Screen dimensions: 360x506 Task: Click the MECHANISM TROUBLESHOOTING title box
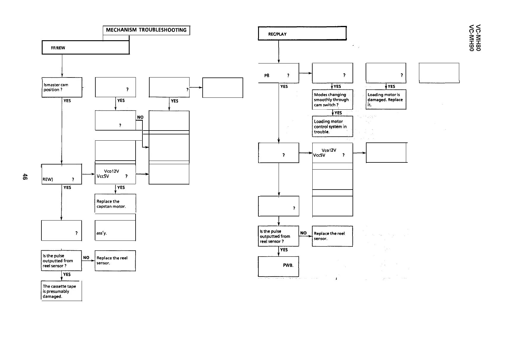pyautogui.click(x=146, y=30)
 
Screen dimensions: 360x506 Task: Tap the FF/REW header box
pyautogui.click(x=86, y=47)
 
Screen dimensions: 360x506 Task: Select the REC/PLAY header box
pyautogui.click(x=302, y=33)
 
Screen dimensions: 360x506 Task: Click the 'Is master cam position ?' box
pyautogui.click(x=62, y=87)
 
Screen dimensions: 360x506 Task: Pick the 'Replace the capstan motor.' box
pyautogui.click(x=115, y=204)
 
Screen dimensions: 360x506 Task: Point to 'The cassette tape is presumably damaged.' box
pyautogui.click(x=61, y=291)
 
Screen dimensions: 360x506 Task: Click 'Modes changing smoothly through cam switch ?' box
pyautogui.click(x=332, y=100)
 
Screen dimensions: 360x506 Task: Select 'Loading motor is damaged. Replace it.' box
pyautogui.click(x=386, y=100)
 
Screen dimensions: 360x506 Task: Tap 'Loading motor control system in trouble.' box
pyautogui.click(x=332, y=126)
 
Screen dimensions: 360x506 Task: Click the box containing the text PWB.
pyautogui.click(x=278, y=266)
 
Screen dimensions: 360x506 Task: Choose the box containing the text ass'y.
pyautogui.click(x=115, y=230)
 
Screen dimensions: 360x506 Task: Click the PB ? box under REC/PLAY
pyautogui.click(x=278, y=73)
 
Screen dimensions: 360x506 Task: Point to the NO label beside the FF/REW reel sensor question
pyautogui.click(x=86, y=257)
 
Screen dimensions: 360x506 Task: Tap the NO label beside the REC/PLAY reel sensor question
pyautogui.click(x=303, y=233)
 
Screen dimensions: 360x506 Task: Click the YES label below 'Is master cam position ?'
pyautogui.click(x=67, y=101)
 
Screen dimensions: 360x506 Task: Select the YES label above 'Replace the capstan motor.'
pyautogui.click(x=121, y=187)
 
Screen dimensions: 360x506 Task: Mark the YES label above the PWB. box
pyautogui.click(x=284, y=250)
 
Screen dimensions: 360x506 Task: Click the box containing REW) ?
pyautogui.click(x=61, y=174)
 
